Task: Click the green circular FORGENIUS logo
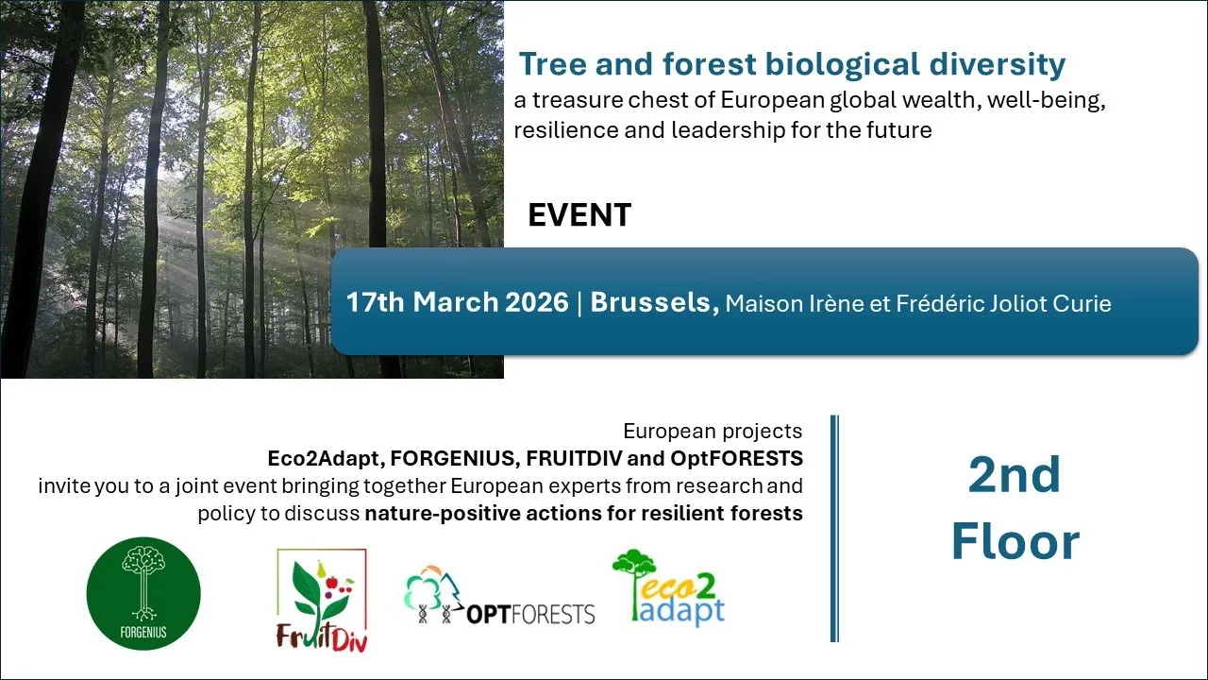(x=143, y=593)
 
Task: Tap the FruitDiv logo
(x=322, y=600)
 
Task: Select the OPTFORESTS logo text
(x=530, y=614)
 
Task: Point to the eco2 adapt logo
(x=669, y=588)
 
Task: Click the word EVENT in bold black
(x=579, y=214)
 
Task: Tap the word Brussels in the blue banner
(x=654, y=302)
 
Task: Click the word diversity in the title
(x=998, y=65)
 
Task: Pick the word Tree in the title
(x=553, y=64)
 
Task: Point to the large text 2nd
(x=1015, y=475)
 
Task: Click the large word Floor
(x=1015, y=542)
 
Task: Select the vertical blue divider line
(x=834, y=528)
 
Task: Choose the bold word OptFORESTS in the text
(x=737, y=458)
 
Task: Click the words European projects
(x=713, y=432)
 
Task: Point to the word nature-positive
(x=443, y=513)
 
